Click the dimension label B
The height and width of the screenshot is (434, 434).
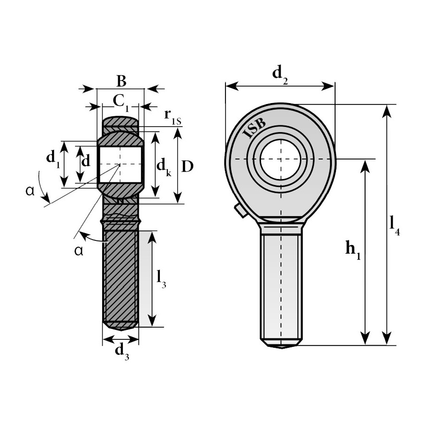[121, 81]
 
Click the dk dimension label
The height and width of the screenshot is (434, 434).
[164, 167]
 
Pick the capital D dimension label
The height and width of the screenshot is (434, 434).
[187, 166]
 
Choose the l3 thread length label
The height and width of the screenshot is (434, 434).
[161, 279]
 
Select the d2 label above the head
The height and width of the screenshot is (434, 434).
[280, 75]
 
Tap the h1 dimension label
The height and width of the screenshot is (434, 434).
[353, 250]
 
